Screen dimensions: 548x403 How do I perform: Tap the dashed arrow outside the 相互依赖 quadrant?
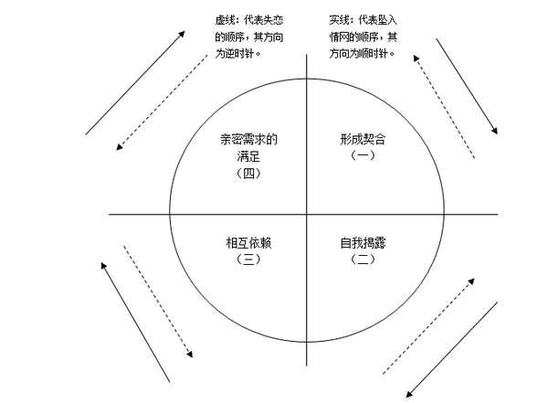[155, 306]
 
